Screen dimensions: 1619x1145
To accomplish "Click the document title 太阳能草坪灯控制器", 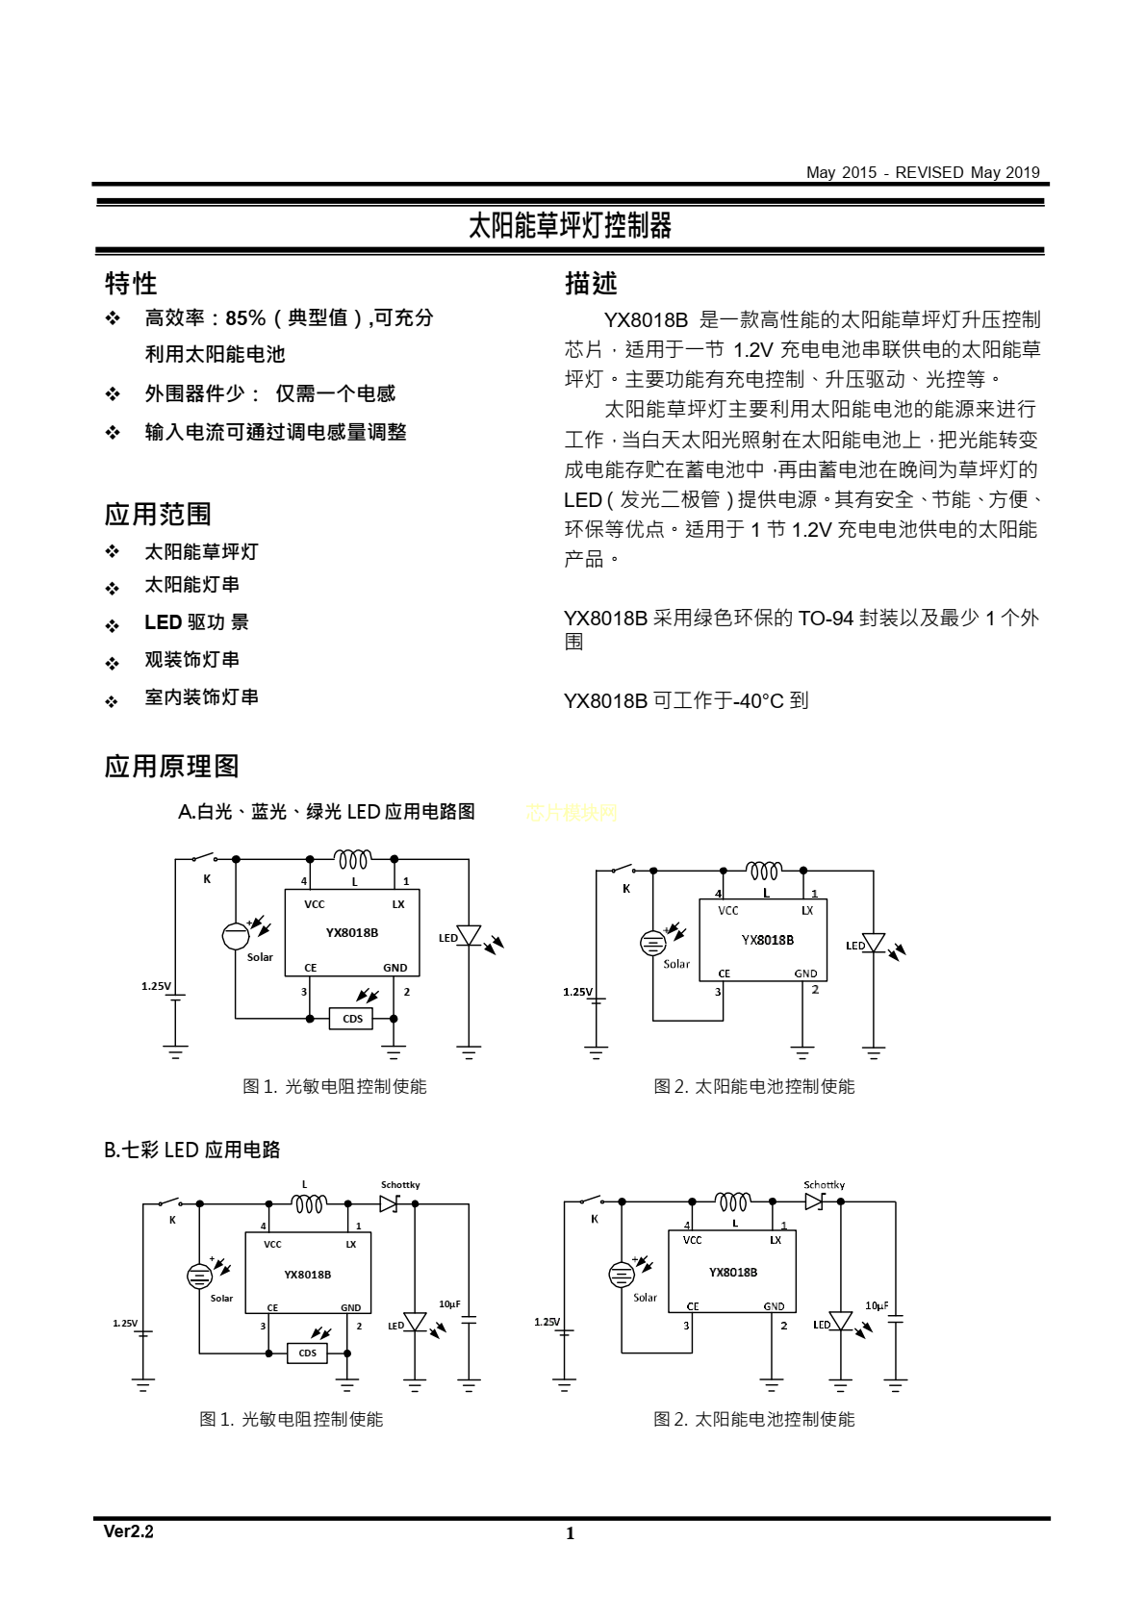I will pos(570,226).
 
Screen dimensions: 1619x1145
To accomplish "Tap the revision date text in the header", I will pos(923,173).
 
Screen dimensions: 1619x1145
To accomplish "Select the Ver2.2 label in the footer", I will pos(129,1531).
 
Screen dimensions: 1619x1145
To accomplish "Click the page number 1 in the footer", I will pos(570,1533).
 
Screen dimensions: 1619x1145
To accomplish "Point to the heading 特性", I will pos(131,284).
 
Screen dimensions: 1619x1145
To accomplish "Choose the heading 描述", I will pos(591,284).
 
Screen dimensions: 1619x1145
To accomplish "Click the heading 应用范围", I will pos(158,515).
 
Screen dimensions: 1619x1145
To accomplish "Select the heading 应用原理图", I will pos(171,767).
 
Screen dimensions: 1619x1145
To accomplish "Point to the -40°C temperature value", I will pos(758,701).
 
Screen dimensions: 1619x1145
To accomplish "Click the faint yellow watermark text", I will pos(572,813).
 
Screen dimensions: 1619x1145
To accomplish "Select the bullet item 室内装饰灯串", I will pos(201,697).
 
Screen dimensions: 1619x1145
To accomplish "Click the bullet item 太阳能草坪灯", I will pos(201,552).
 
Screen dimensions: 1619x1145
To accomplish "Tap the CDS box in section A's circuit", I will pos(352,1019).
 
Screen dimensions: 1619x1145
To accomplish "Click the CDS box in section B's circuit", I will pos(307,1353).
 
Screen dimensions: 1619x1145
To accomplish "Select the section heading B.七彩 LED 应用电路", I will pos(192,1151).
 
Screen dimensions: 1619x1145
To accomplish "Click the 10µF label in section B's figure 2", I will pos(877,1305).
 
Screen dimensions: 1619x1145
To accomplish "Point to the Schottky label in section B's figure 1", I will pos(400,1185).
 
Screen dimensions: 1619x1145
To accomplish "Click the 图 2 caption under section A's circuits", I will pos(753,1087).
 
